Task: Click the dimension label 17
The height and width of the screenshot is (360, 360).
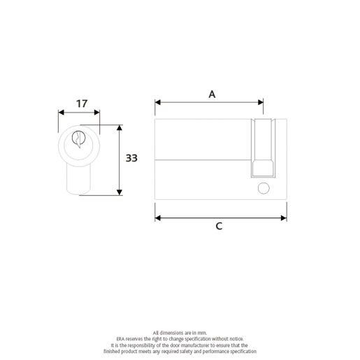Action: (x=82, y=103)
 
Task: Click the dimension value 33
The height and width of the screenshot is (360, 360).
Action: (x=131, y=158)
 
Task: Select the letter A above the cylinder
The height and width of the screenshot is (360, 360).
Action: (x=212, y=94)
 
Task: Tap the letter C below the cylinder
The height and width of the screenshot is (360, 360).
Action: (x=219, y=226)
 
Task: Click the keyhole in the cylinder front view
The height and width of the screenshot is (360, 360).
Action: (x=78, y=138)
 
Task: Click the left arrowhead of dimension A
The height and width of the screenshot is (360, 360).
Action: (x=157, y=102)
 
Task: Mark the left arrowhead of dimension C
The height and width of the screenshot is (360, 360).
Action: (x=157, y=217)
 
